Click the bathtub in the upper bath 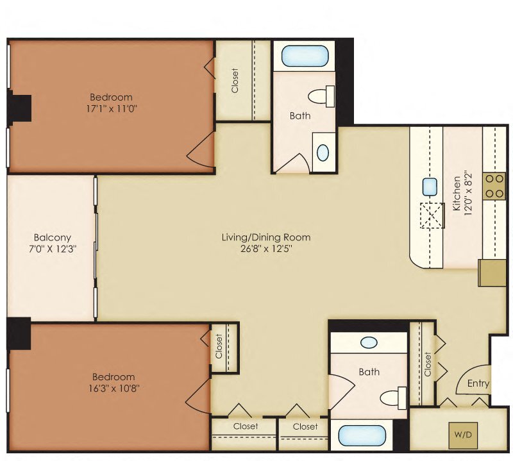point(305,56)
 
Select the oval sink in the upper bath point(323,153)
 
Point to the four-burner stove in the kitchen point(494,186)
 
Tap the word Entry point(478,383)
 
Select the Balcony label point(53,237)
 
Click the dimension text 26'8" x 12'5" point(265,249)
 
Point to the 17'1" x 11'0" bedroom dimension point(114,108)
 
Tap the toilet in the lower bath point(393,397)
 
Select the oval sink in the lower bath point(369,342)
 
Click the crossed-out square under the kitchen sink point(432,215)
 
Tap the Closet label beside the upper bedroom point(235,80)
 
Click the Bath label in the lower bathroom point(369,371)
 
